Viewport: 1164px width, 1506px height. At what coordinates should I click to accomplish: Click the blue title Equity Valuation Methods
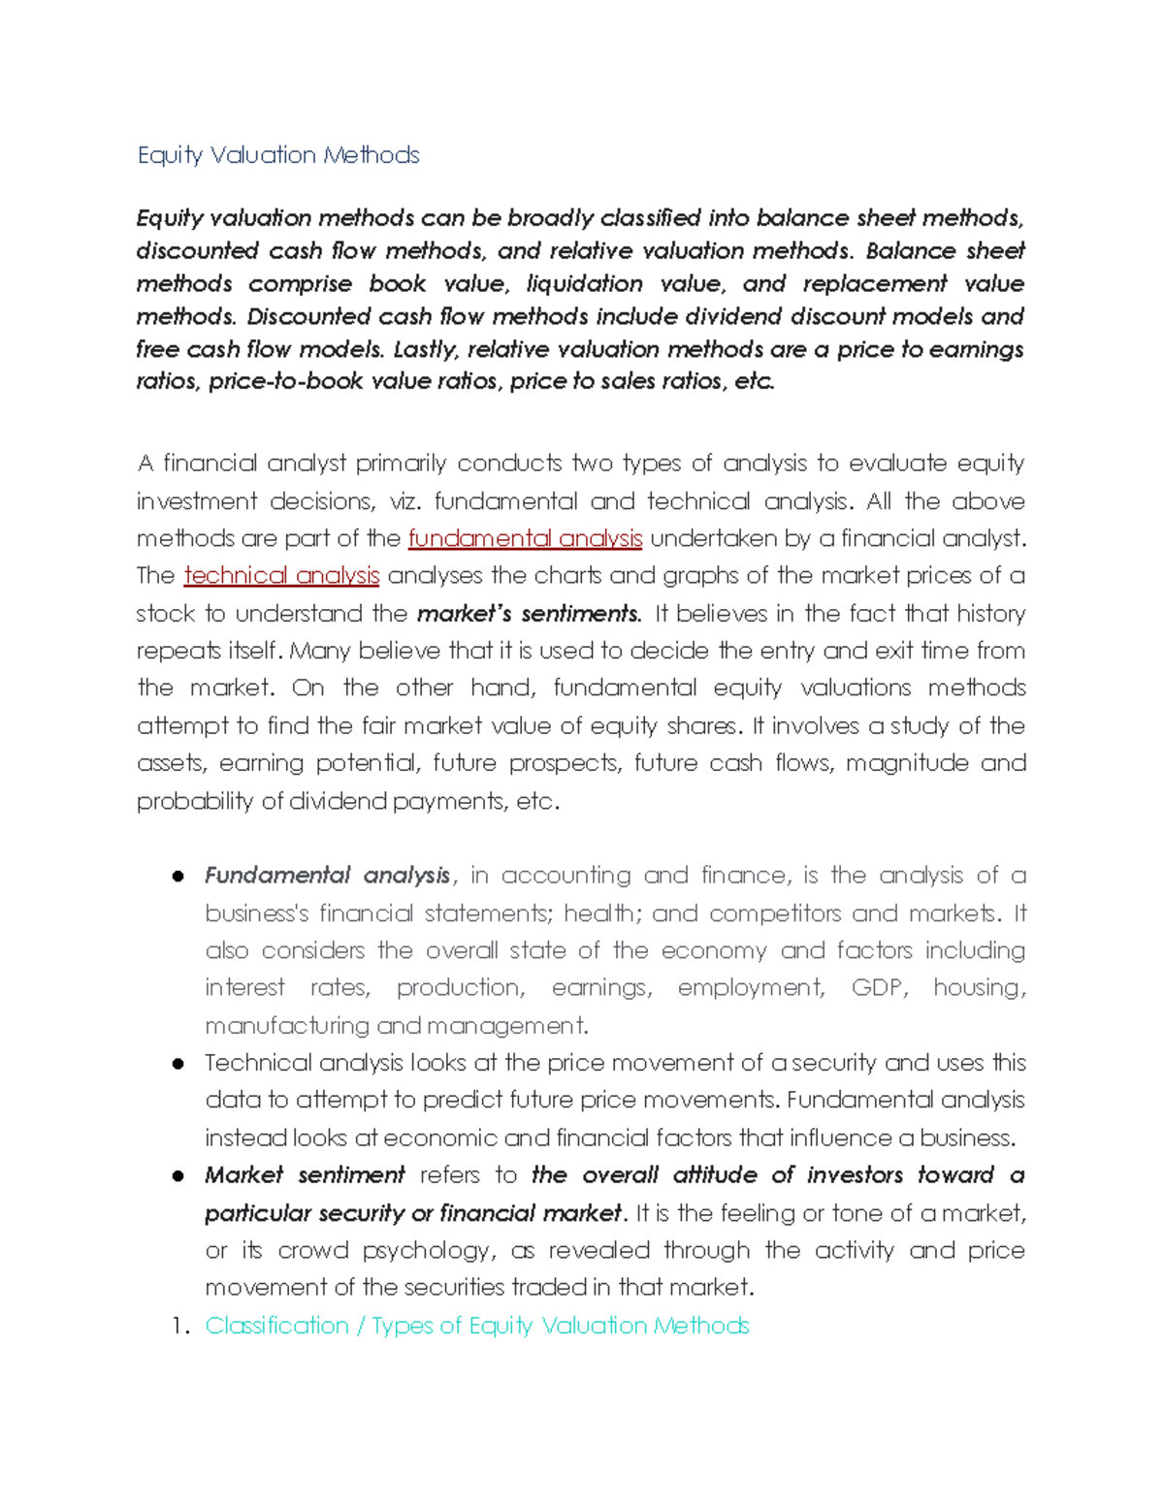(x=277, y=155)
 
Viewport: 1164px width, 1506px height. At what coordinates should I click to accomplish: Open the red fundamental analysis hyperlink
(x=525, y=538)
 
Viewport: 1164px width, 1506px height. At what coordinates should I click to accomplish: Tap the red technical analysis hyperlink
(x=281, y=575)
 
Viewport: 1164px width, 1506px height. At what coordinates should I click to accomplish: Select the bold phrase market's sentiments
(x=529, y=614)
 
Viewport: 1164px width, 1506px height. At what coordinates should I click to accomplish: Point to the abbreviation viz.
(x=404, y=501)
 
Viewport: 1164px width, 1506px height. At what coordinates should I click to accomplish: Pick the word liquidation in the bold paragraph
(x=584, y=283)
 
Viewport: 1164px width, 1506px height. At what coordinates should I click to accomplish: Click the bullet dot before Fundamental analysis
(x=178, y=877)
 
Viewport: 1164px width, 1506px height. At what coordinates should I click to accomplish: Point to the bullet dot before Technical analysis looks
(x=178, y=1064)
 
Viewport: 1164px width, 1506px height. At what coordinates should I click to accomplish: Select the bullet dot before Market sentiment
(x=178, y=1176)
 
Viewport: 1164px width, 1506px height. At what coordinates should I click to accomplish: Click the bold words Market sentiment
(x=304, y=1175)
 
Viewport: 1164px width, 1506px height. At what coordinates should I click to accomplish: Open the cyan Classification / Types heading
(x=476, y=1326)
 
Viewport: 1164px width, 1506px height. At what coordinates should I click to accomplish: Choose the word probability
(x=195, y=801)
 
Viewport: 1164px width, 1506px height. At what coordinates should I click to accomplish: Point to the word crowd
(x=312, y=1250)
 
